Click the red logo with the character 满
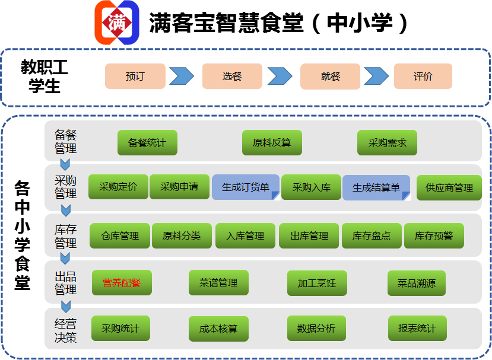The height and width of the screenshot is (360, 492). (x=117, y=22)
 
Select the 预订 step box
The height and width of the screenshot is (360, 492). (x=135, y=77)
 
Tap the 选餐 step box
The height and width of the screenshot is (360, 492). (x=232, y=77)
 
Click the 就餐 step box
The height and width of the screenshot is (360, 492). (x=330, y=77)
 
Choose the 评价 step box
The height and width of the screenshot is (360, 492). (x=423, y=77)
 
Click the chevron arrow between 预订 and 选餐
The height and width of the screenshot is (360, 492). (x=181, y=77)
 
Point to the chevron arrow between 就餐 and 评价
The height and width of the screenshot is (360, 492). (x=376, y=77)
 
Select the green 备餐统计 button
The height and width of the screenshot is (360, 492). (x=147, y=143)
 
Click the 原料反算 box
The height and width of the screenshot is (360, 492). (x=272, y=143)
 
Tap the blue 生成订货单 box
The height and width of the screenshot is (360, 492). (x=245, y=187)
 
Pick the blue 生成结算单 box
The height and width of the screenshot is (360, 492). (x=376, y=187)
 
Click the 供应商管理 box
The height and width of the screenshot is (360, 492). (x=449, y=187)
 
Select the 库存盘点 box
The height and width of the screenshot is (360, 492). (x=372, y=236)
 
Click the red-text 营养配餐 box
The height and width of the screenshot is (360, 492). (x=122, y=283)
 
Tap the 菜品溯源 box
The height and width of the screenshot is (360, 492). (x=417, y=283)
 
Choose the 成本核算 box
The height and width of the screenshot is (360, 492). (x=218, y=329)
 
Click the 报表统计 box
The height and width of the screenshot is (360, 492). (x=417, y=329)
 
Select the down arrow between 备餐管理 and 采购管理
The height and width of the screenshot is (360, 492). (x=65, y=164)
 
